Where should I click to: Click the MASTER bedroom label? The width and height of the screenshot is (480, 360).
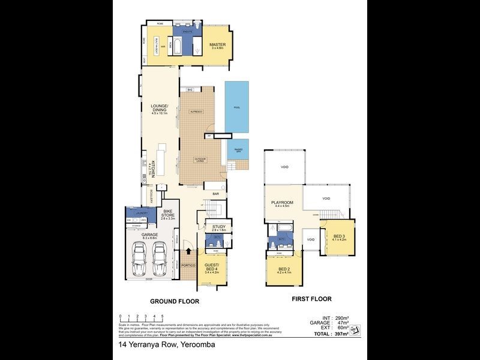click(216, 45)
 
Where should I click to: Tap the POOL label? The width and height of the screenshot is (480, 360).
click(236, 106)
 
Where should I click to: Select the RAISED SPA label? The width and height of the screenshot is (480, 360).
click(238, 148)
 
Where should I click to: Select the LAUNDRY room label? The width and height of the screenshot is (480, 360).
click(142, 212)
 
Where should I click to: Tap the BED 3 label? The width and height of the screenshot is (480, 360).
click(339, 236)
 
